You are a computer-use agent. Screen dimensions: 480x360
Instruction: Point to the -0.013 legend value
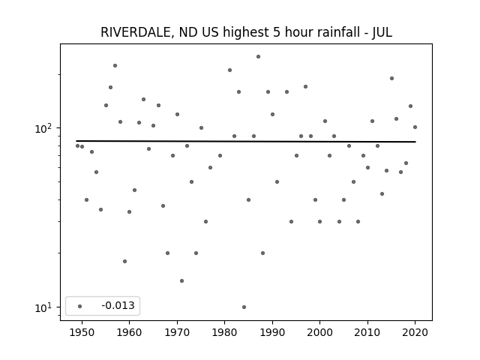click(x=118, y=305)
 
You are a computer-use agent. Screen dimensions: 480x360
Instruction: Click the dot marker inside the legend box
click(x=80, y=306)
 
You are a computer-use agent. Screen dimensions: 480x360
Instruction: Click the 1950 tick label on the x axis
click(x=82, y=332)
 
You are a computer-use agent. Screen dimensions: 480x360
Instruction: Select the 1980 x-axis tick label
click(x=225, y=332)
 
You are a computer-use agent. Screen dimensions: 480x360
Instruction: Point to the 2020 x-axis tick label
click(x=415, y=332)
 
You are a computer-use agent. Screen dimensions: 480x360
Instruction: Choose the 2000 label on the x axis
click(x=320, y=332)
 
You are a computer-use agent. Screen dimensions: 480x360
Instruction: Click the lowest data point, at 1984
click(x=244, y=307)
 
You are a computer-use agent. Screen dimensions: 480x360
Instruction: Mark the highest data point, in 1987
click(x=258, y=57)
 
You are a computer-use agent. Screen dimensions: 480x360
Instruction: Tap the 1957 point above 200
click(x=115, y=65)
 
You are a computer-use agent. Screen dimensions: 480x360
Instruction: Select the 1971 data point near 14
click(x=181, y=280)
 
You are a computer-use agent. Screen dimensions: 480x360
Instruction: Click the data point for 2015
click(x=391, y=78)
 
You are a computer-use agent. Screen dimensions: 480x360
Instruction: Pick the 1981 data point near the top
click(x=230, y=70)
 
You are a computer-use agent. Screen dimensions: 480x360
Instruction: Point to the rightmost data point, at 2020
click(x=415, y=127)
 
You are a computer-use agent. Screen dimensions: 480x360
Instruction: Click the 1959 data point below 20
click(x=125, y=261)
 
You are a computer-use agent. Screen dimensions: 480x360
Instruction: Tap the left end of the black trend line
click(x=76, y=141)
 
